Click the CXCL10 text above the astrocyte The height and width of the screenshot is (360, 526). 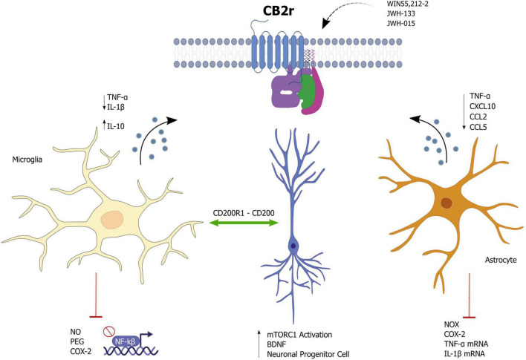[484, 107]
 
